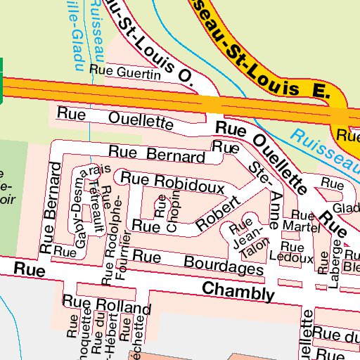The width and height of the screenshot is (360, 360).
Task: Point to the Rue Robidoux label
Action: [172, 183]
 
